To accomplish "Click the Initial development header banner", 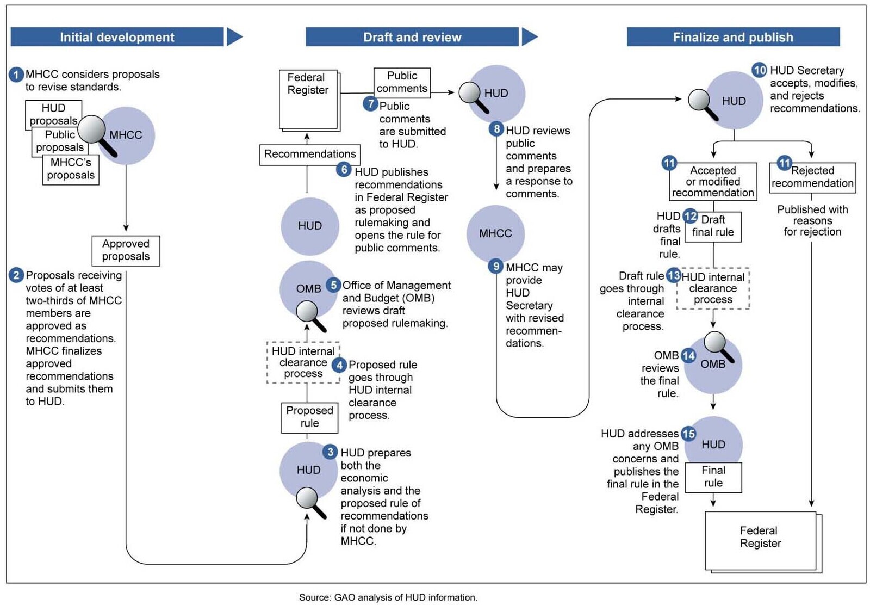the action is coord(117,37).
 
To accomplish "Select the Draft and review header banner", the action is coord(412,37).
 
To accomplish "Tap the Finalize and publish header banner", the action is coord(734,37).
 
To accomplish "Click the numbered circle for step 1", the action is coord(16,75).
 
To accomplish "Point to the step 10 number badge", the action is coord(759,70).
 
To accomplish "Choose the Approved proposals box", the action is coord(126,251).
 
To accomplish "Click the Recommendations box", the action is coord(310,155).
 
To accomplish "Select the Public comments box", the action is coord(402,83).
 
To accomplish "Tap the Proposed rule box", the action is coord(309,418).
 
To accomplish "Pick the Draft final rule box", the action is coord(713,227).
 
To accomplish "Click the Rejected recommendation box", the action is coord(812,177).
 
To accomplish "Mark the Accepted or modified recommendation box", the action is coord(713,182).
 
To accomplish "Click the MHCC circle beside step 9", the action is coord(495,233).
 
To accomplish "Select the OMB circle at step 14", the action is coord(713,365).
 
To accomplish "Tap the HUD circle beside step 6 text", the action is coord(310,226).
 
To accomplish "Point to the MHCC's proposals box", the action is coord(71,169).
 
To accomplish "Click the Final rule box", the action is coord(713,477).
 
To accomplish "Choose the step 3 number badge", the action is coord(330,452).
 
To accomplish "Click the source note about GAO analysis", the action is coord(388,597).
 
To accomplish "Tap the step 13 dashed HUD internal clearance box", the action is coord(713,288).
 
